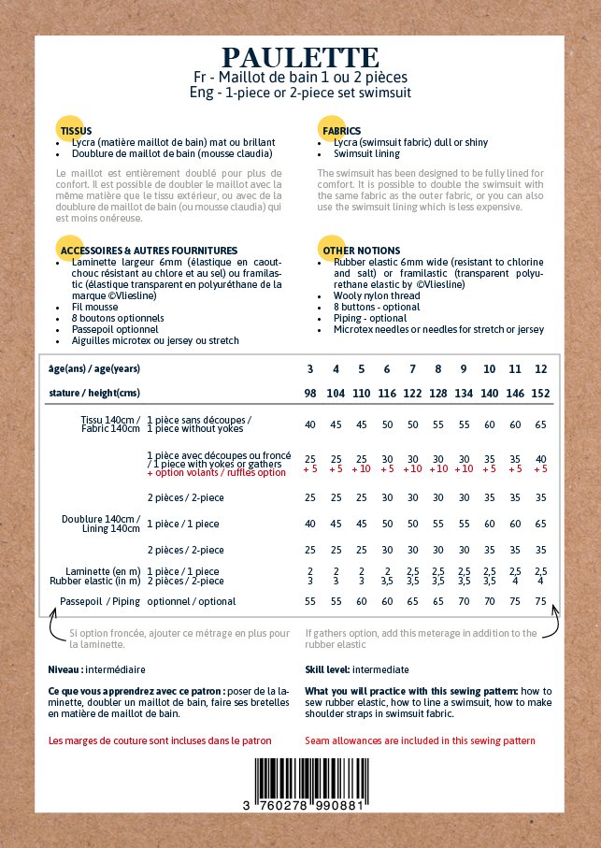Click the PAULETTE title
(x=300, y=58)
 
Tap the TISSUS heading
(x=77, y=131)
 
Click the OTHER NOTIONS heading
(x=361, y=251)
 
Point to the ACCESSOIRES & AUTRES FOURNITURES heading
(x=149, y=251)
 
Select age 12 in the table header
(x=540, y=369)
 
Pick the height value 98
(x=310, y=394)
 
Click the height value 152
(x=540, y=394)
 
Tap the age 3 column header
(x=310, y=369)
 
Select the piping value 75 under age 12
(x=540, y=601)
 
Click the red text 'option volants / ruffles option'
(x=216, y=473)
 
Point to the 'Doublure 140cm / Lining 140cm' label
(x=101, y=524)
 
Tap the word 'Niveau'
(x=64, y=670)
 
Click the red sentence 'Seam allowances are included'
(x=420, y=740)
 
